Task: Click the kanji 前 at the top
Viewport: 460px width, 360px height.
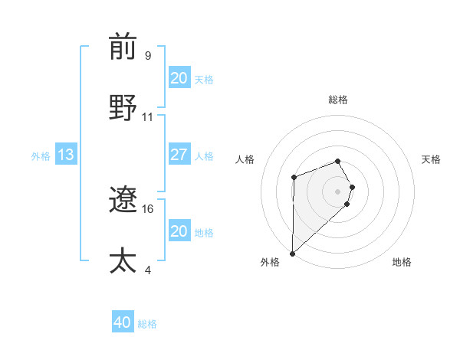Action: point(123,47)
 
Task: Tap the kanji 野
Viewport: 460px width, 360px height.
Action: point(123,108)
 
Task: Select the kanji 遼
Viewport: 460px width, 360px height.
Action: point(123,201)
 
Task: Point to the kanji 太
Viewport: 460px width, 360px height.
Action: point(123,260)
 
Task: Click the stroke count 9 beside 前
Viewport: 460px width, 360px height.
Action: point(148,56)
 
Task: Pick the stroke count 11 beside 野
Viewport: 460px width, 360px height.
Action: point(148,117)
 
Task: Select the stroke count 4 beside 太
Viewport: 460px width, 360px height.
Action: point(148,270)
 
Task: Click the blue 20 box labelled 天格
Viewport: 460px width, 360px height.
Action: point(179,77)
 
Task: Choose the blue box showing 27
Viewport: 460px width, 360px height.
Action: point(179,155)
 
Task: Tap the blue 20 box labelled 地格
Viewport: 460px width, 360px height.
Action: point(179,231)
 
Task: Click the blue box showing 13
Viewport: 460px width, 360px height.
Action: point(66,155)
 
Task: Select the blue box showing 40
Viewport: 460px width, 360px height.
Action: point(122,322)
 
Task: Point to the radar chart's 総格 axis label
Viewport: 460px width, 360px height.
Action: point(338,100)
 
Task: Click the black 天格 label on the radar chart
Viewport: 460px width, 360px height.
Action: point(432,159)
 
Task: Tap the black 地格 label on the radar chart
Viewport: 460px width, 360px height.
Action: point(402,262)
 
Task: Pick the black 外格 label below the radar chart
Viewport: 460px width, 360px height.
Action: point(270,262)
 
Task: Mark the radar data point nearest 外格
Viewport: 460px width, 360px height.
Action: point(292,253)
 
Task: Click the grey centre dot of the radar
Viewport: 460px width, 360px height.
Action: point(338,191)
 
